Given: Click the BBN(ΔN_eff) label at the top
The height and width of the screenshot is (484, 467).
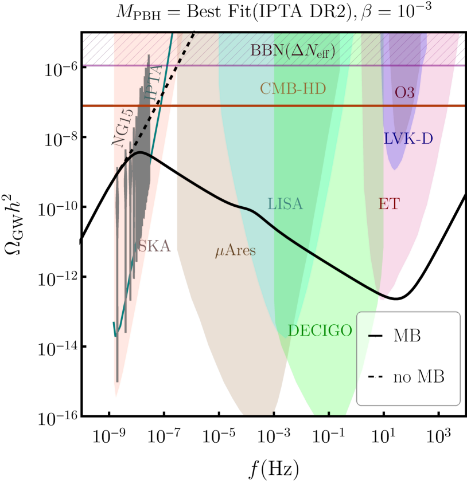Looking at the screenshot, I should (293, 51).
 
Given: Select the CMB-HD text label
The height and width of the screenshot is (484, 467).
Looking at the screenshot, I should (293, 89).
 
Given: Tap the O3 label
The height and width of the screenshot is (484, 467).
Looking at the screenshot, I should (404, 93).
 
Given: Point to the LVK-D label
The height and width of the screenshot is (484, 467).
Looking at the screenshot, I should (408, 139).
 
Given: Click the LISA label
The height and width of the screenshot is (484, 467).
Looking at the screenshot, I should (285, 204).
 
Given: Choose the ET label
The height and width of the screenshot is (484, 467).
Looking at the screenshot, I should (388, 204).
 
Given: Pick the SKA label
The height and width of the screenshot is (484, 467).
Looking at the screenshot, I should (154, 246).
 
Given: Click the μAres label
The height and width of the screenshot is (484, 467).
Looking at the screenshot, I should (235, 251).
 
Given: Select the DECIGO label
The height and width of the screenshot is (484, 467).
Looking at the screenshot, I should (320, 331).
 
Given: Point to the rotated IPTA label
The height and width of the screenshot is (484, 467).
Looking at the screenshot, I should (153, 84).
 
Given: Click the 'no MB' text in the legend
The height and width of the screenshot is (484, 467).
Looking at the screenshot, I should (418, 377).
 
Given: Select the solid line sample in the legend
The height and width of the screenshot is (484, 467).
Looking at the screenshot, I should (375, 336).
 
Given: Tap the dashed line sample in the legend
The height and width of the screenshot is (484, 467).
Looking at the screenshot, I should (375, 377).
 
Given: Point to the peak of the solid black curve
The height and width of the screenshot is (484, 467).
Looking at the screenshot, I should (139, 152).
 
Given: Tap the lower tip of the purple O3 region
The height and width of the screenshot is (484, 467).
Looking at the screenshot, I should (395, 169).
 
